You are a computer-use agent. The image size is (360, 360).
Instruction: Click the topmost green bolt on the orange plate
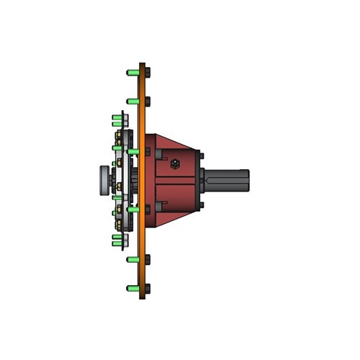tap(132, 72)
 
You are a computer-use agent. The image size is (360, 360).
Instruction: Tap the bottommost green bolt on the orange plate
tap(132, 288)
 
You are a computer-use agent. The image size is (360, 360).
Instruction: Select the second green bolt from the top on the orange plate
tap(132, 102)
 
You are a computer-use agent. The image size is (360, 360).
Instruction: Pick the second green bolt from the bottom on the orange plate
tap(132, 258)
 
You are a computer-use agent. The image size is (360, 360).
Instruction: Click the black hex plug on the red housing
tap(175, 165)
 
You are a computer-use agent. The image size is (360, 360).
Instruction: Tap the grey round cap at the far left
tap(103, 180)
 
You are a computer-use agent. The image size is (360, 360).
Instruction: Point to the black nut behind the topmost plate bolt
tap(148, 72)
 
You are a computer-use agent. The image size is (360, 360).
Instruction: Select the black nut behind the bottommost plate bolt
tap(148, 288)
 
